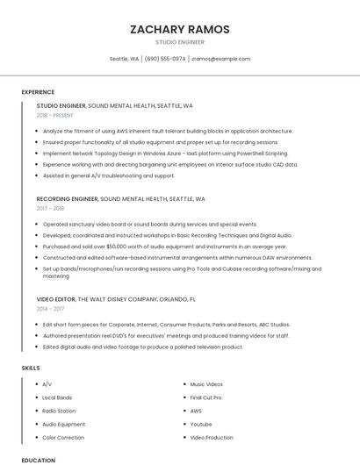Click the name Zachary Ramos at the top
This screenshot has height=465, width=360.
180,29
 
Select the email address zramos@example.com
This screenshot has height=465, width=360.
220,59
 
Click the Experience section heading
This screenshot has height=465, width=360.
38,92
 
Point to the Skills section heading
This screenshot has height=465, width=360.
31,368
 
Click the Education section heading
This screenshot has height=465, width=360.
38,460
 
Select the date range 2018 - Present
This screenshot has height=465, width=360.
55,115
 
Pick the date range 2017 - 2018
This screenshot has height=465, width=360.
50,208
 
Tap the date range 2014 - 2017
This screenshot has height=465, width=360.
50,309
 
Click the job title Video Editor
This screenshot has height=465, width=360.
56,299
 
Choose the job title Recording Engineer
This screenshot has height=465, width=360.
67,198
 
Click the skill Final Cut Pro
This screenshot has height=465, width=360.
205,397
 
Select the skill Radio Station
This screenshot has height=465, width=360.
59,411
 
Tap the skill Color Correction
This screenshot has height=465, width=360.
63,437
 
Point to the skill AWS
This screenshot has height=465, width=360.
196,411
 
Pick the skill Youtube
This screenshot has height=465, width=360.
201,424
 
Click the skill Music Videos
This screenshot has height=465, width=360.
206,384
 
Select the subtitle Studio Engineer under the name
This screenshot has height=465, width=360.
180,42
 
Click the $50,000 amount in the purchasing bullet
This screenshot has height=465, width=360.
117,247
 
